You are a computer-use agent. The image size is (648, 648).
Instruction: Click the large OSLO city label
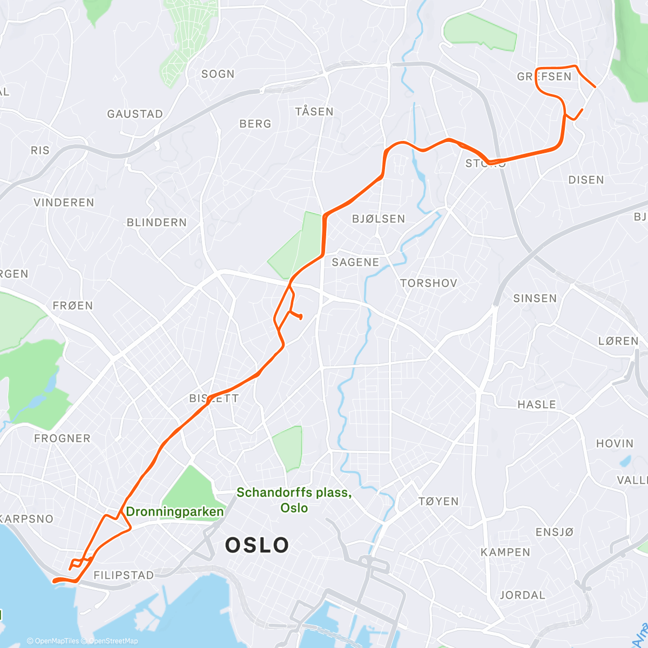coord(257,545)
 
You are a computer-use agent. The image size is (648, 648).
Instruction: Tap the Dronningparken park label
coord(174,512)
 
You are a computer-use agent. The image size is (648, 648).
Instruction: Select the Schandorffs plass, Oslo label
coord(294,500)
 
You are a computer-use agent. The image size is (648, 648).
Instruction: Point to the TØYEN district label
coord(438,502)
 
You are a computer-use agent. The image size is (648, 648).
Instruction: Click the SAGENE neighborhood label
coord(355,262)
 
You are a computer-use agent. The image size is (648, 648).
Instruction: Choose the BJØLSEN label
coord(378,219)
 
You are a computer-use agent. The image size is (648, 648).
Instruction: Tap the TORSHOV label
coord(429,283)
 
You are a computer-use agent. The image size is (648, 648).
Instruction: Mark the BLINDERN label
coord(157,222)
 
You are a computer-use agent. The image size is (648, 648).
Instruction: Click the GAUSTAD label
coord(135,114)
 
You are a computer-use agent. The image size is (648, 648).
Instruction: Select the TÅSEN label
coord(314,112)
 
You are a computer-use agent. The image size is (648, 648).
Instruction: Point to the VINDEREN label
coord(64,202)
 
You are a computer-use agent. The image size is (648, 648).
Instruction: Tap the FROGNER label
coord(62,438)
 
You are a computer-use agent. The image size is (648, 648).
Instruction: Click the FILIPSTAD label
coord(124,576)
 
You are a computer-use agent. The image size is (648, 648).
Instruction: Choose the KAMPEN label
coord(505,552)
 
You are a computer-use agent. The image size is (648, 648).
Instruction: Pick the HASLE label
coord(536,404)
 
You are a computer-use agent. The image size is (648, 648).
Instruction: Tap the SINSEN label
coord(535,299)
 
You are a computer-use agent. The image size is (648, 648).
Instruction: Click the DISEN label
coord(586,180)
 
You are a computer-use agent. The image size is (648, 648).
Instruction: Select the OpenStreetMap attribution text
coord(113,641)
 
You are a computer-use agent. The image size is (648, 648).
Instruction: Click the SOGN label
coord(218,74)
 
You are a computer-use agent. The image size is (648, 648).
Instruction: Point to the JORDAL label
coord(522,595)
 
